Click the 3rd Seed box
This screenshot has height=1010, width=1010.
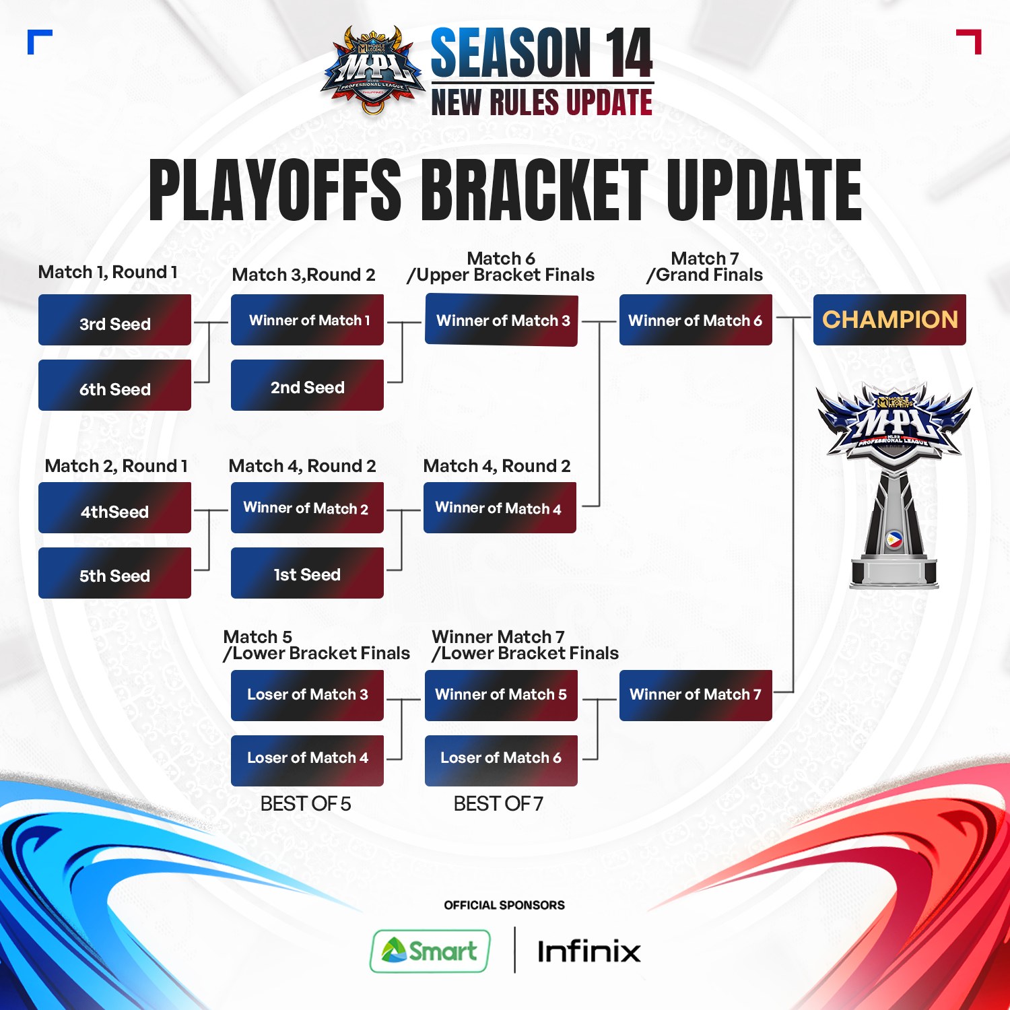[114, 321]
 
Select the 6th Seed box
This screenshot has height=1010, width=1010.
[114, 385]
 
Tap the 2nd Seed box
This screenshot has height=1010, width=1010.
[307, 385]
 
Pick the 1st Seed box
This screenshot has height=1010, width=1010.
[307, 573]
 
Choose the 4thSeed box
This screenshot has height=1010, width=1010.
[114, 508]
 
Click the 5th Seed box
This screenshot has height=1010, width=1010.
[114, 573]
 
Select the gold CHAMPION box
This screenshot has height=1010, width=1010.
[889, 320]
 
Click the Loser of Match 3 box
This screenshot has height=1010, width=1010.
[307, 696]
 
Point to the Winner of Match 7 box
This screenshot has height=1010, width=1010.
[696, 696]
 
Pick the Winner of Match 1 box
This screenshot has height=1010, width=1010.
[307, 320]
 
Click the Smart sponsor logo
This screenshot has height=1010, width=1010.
[430, 951]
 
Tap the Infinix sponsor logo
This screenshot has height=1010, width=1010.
[588, 951]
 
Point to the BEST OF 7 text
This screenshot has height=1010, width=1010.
[498, 803]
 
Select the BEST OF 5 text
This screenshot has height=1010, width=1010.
[306, 803]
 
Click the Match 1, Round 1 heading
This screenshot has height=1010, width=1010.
[108, 272]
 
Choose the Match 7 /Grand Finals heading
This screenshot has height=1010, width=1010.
[704, 267]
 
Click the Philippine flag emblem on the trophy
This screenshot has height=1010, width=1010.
[894, 540]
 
